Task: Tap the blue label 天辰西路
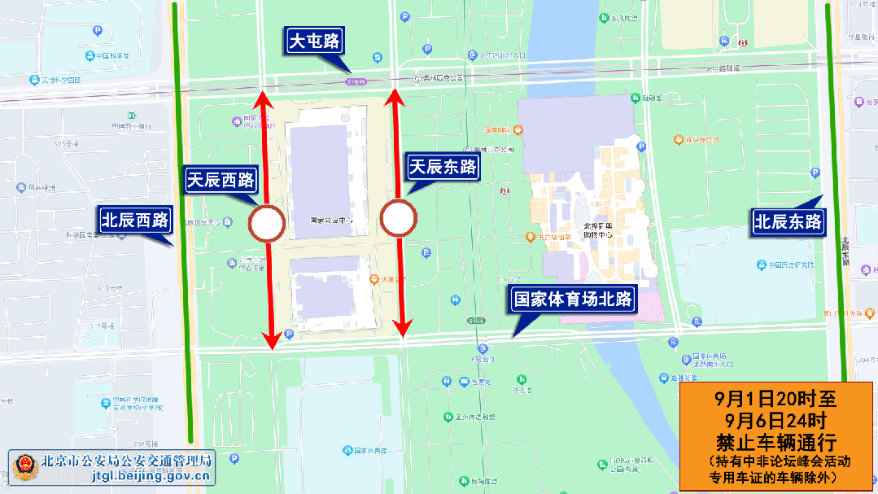point(221,181)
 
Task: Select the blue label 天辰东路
point(442,168)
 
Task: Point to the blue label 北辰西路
point(134,220)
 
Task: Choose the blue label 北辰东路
point(788,221)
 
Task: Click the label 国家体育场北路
point(572,299)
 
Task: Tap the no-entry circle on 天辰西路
point(266,223)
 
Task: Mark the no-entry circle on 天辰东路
point(399,218)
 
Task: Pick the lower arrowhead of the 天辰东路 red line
point(401,329)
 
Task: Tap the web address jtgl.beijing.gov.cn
point(151,477)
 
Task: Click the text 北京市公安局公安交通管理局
point(127,460)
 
